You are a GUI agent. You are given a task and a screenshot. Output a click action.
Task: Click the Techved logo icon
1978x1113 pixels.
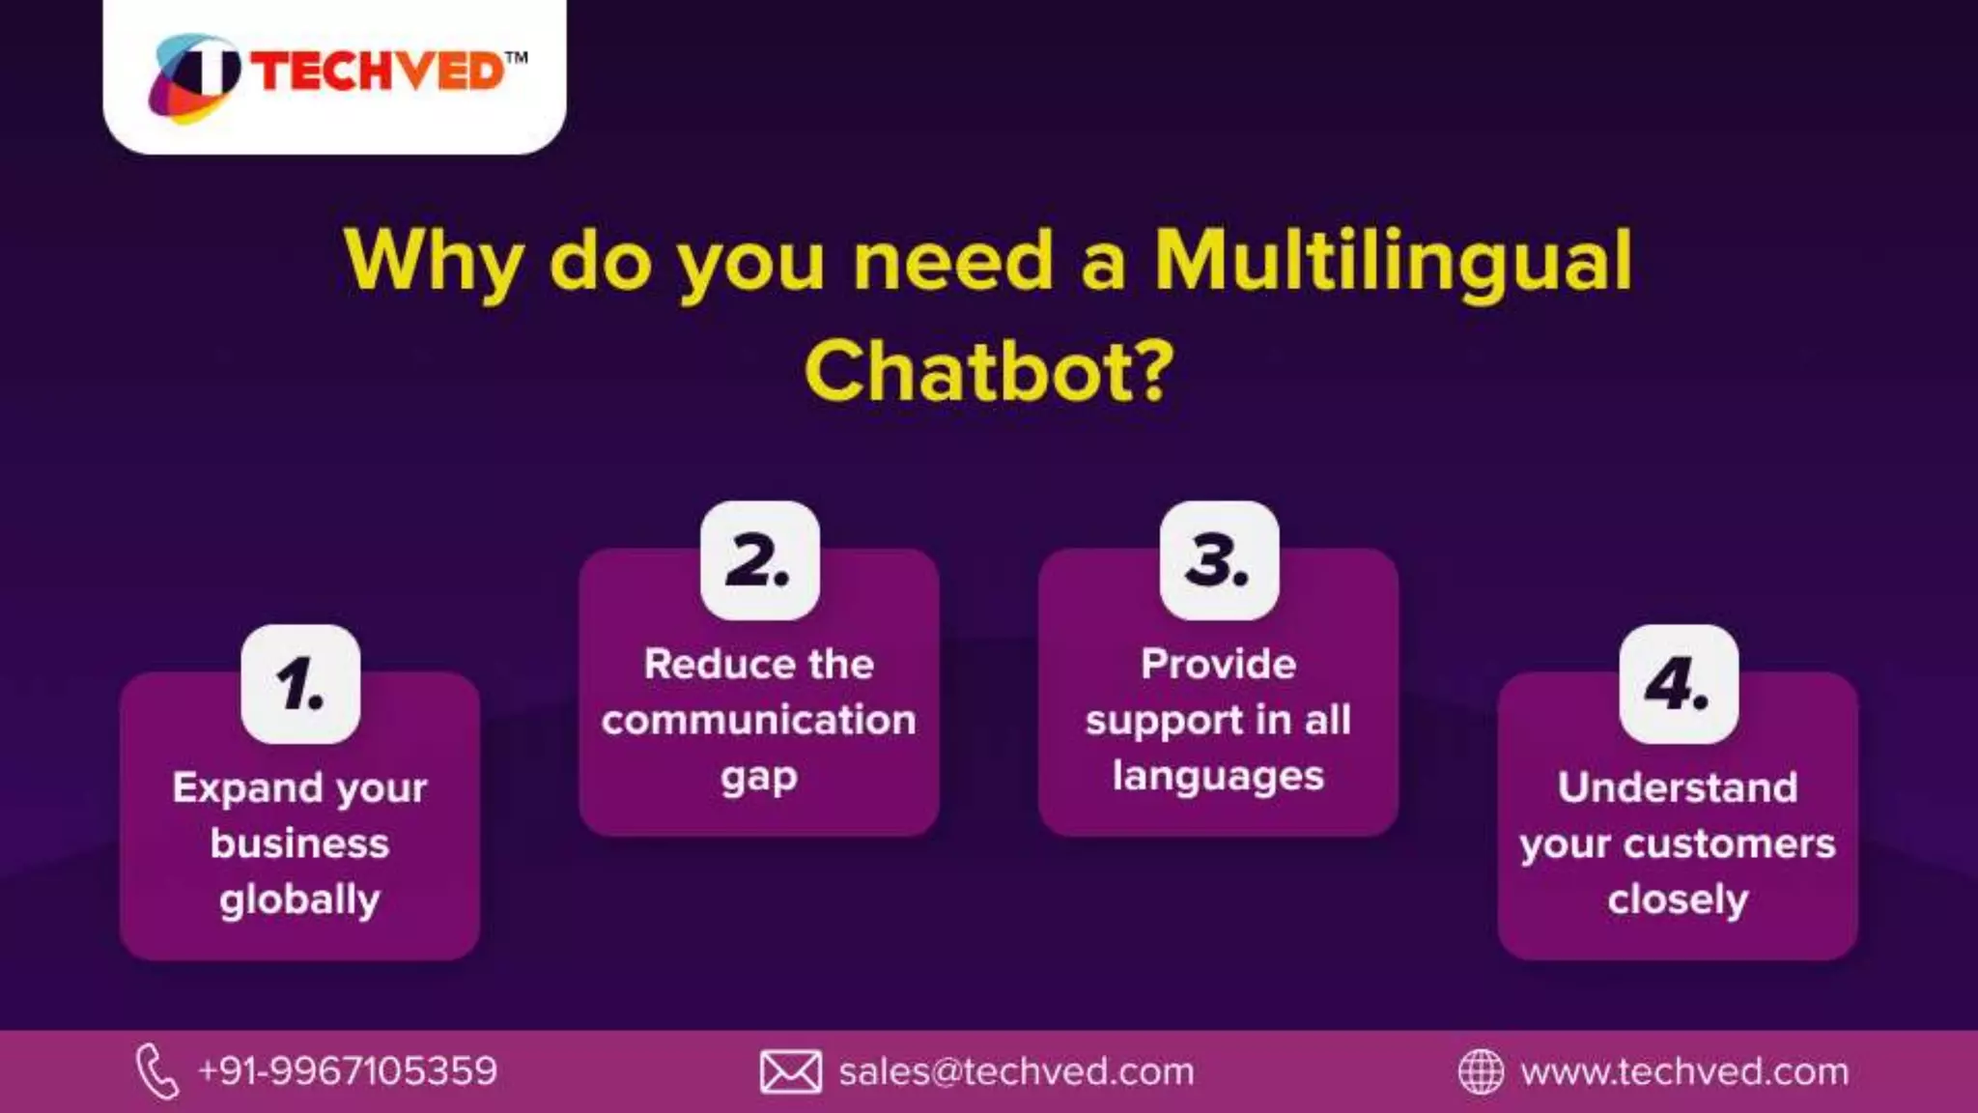pos(194,77)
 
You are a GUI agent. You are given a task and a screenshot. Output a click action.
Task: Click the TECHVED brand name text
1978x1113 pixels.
pos(379,72)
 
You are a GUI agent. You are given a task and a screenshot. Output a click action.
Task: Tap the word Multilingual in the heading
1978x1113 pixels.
pos(1393,261)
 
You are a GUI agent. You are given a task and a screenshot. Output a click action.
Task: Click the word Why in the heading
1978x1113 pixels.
pos(434,261)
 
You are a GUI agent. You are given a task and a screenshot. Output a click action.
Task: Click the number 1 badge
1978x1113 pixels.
pos(300,684)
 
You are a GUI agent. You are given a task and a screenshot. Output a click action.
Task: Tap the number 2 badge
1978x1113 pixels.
pos(759,560)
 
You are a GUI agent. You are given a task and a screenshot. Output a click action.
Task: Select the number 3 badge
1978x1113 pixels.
pos(1219,560)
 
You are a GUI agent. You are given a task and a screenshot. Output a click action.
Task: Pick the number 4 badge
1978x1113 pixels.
pos(1679,684)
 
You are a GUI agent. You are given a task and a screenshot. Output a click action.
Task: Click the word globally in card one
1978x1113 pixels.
pos(299,900)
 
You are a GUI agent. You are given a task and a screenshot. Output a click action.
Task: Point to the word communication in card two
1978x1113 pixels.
pos(758,721)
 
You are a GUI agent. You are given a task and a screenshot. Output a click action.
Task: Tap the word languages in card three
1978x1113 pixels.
pos(1218,777)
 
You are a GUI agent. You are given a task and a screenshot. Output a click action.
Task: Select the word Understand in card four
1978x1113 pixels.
pos(1678,787)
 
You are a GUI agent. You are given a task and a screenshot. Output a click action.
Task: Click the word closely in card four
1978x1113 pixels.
pos(1678,900)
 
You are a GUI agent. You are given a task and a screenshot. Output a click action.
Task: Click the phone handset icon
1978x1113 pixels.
pos(156,1071)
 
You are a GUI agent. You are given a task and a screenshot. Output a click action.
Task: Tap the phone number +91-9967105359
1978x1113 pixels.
pos(347,1071)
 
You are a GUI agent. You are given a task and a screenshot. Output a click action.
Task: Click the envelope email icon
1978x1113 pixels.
pos(790,1071)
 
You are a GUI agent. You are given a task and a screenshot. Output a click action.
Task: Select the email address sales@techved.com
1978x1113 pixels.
pos(1016,1071)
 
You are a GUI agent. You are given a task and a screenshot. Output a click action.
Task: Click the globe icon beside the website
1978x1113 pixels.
pos(1480,1071)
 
